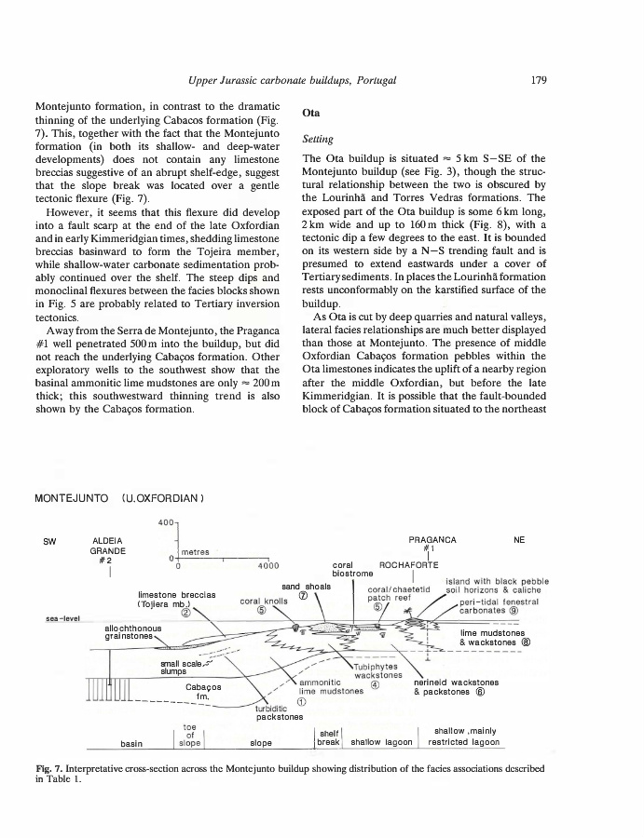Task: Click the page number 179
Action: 538,80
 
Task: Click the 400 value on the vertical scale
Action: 165,520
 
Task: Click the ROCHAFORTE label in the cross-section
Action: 406,565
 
